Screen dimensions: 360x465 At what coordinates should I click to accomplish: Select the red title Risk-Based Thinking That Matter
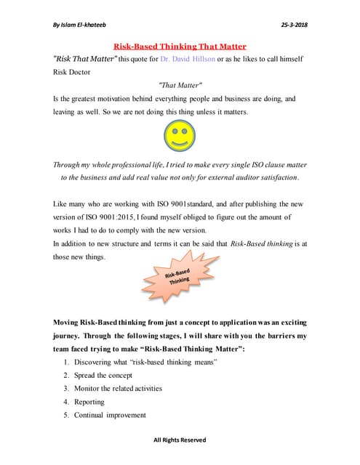tap(180, 46)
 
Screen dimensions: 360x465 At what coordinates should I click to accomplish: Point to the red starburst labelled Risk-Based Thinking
tap(179, 278)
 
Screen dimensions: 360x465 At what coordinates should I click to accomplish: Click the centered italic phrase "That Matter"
tap(180, 86)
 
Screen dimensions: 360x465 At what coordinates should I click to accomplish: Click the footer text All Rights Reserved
tap(180, 440)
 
